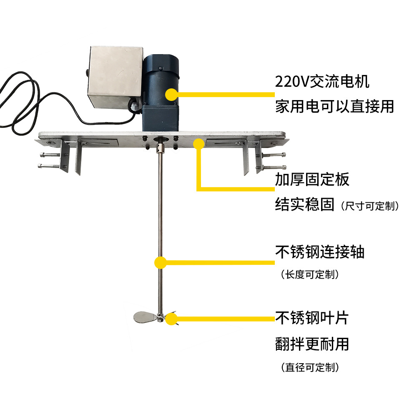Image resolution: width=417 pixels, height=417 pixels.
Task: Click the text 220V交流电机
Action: click(322, 81)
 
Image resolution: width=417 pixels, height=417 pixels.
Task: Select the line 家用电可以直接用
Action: click(334, 106)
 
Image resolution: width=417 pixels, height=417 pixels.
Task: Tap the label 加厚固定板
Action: click(312, 180)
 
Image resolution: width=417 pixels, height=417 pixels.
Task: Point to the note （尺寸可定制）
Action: click(370, 206)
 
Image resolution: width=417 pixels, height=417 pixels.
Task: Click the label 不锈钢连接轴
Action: click(319, 252)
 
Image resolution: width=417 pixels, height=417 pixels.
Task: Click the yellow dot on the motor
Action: click(171, 95)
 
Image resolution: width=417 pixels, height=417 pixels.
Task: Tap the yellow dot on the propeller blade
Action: click(171, 319)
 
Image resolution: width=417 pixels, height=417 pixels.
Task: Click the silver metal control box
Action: click(113, 77)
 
